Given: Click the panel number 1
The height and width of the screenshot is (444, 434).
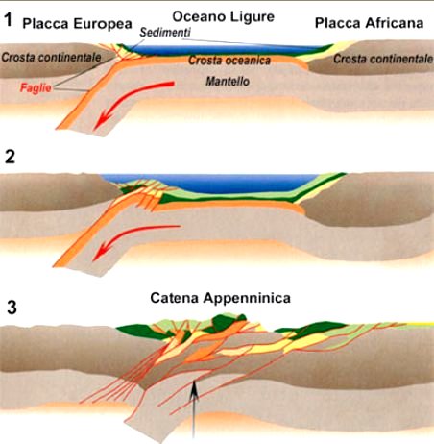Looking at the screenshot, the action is click(9, 20).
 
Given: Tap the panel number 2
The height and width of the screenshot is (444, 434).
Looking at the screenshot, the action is click(10, 158).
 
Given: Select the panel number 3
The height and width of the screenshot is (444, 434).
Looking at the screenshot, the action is click(12, 307).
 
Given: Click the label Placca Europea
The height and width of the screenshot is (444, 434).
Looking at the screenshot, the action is click(77, 24).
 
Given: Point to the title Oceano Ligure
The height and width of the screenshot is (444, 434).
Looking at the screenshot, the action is click(224, 17).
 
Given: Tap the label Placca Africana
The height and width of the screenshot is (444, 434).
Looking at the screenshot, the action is click(369, 23).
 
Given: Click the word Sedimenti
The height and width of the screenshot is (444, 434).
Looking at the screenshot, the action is click(165, 33).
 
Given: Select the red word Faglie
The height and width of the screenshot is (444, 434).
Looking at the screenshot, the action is click(36, 87).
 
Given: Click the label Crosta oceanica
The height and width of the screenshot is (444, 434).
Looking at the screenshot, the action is click(229, 61).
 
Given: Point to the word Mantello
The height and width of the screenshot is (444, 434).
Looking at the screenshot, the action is click(228, 82).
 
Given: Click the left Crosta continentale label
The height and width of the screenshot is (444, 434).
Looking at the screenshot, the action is click(51, 58).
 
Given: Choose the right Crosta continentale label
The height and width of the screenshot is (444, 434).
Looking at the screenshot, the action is click(383, 59).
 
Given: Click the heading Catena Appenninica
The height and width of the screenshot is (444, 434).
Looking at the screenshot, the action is click(221, 298).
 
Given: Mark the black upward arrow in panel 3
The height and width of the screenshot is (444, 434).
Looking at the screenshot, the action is click(193, 409).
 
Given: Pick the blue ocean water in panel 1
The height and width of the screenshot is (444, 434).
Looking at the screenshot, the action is click(224, 50).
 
